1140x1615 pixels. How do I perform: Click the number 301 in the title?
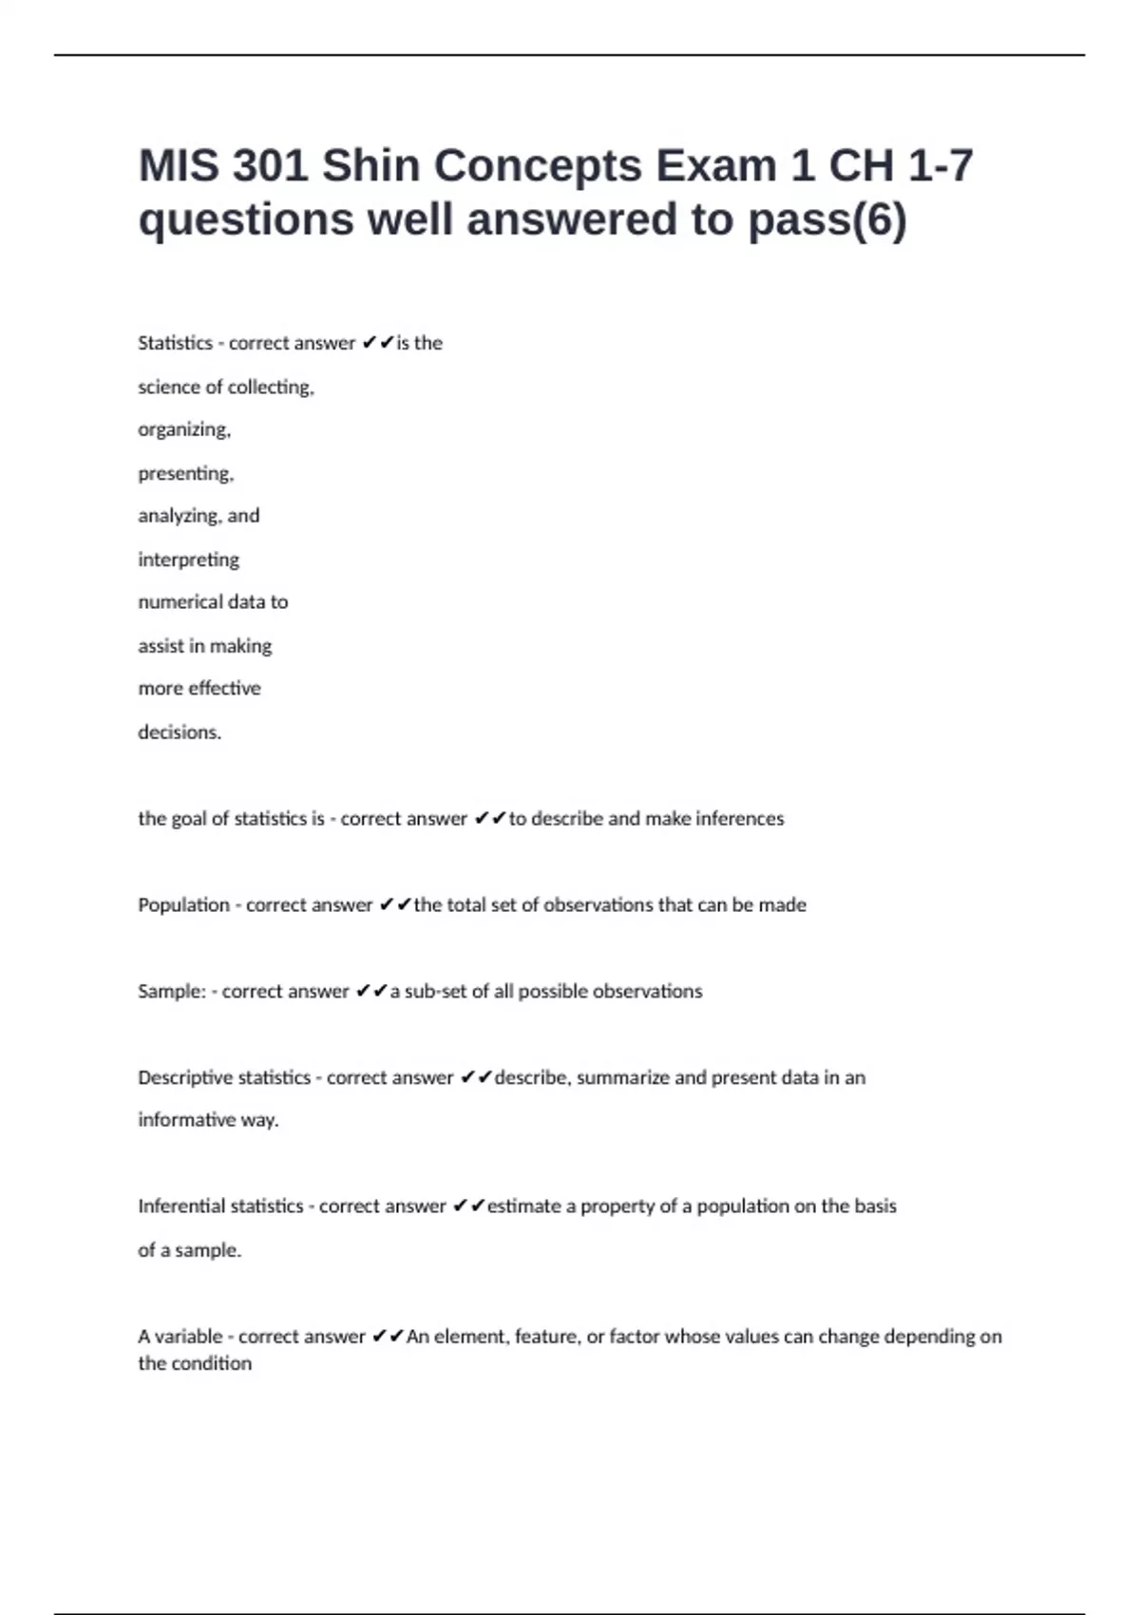270,166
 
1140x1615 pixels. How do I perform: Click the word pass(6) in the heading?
827,219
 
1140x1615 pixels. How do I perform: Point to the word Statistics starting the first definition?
175,343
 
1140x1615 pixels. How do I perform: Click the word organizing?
184,429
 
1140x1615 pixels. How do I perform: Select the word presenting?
185,473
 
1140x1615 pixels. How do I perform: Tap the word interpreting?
188,560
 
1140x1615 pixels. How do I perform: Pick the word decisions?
180,732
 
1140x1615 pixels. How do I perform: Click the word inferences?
740,819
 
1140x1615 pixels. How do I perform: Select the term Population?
183,905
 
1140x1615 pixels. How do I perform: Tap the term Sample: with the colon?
172,992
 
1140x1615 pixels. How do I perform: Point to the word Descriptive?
183,1078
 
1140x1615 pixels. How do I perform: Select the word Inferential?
180,1206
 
